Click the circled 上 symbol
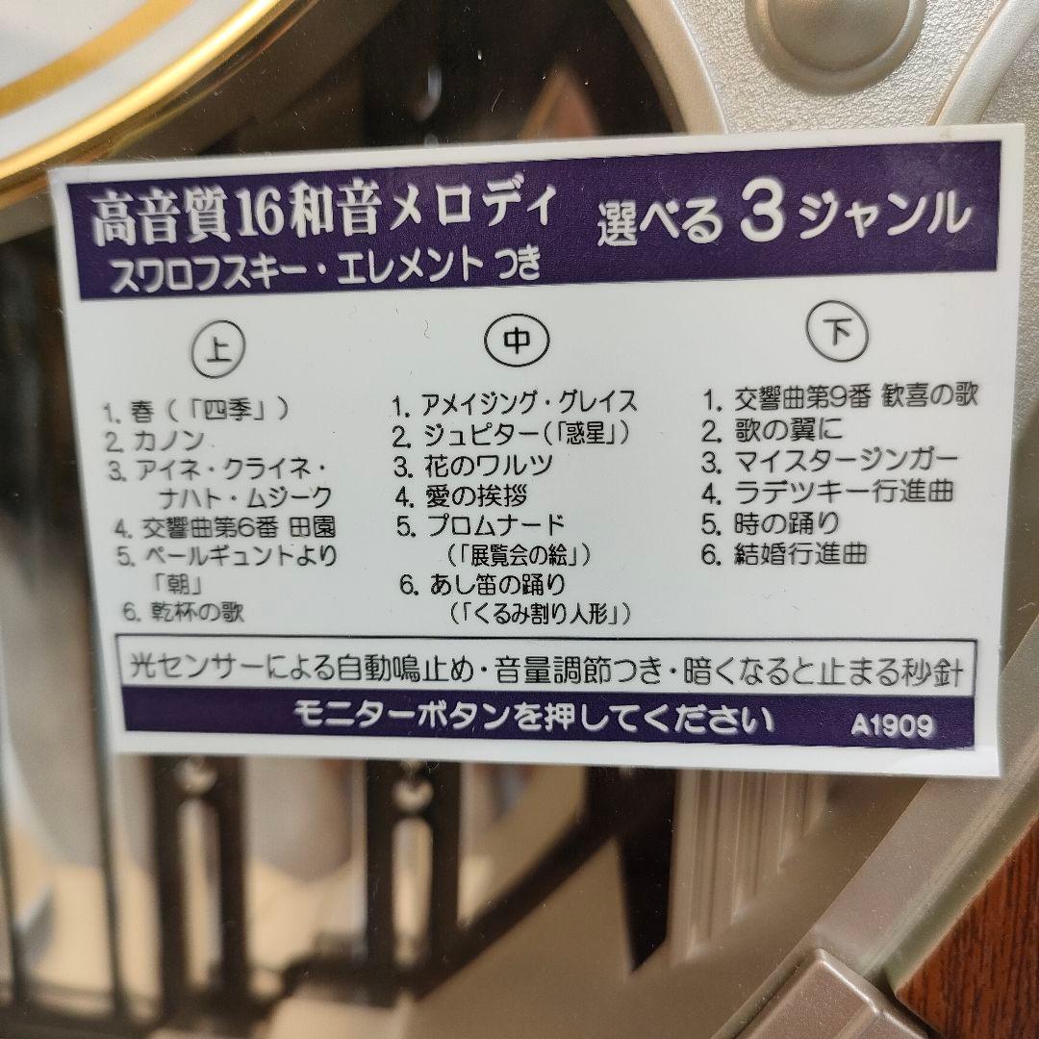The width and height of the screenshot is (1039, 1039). pyautogui.click(x=218, y=349)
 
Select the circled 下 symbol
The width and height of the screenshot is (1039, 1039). pyautogui.click(x=838, y=331)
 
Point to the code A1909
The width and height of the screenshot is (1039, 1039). pyautogui.click(x=891, y=725)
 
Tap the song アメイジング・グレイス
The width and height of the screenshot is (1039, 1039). pyautogui.click(x=528, y=402)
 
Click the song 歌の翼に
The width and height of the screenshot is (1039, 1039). pyautogui.click(x=788, y=430)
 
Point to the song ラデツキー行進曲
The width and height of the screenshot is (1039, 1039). pyautogui.click(x=845, y=491)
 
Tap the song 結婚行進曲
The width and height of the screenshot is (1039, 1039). pyautogui.click(x=800, y=553)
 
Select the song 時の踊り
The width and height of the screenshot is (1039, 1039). pyautogui.click(x=787, y=522)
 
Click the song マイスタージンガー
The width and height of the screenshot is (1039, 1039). pyautogui.click(x=847, y=460)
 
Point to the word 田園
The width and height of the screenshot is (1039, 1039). pyautogui.click(x=313, y=527)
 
